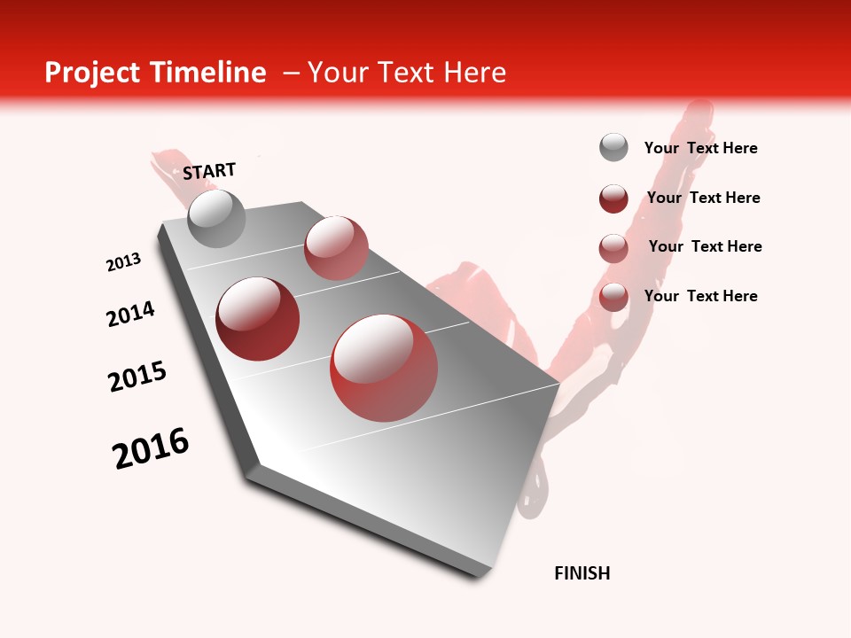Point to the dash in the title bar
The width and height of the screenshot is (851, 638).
[x=291, y=73]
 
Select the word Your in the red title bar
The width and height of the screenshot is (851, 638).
[x=339, y=73]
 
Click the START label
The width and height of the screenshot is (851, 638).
[x=209, y=171]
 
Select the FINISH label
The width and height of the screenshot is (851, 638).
[x=582, y=573]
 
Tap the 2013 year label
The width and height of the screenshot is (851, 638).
[x=123, y=262]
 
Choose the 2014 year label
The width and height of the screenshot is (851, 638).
[x=130, y=314]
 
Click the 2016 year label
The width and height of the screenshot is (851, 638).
[x=151, y=448]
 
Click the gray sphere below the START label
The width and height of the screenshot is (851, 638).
[x=216, y=219]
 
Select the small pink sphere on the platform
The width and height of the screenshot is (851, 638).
[x=336, y=248]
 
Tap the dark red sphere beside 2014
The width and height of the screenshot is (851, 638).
[x=257, y=319]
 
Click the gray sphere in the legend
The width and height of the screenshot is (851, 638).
[x=613, y=147]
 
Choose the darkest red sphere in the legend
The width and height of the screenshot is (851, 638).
[x=613, y=198]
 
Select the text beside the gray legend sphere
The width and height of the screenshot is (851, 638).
[x=700, y=148]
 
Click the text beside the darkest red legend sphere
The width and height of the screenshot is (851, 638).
[x=703, y=198]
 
